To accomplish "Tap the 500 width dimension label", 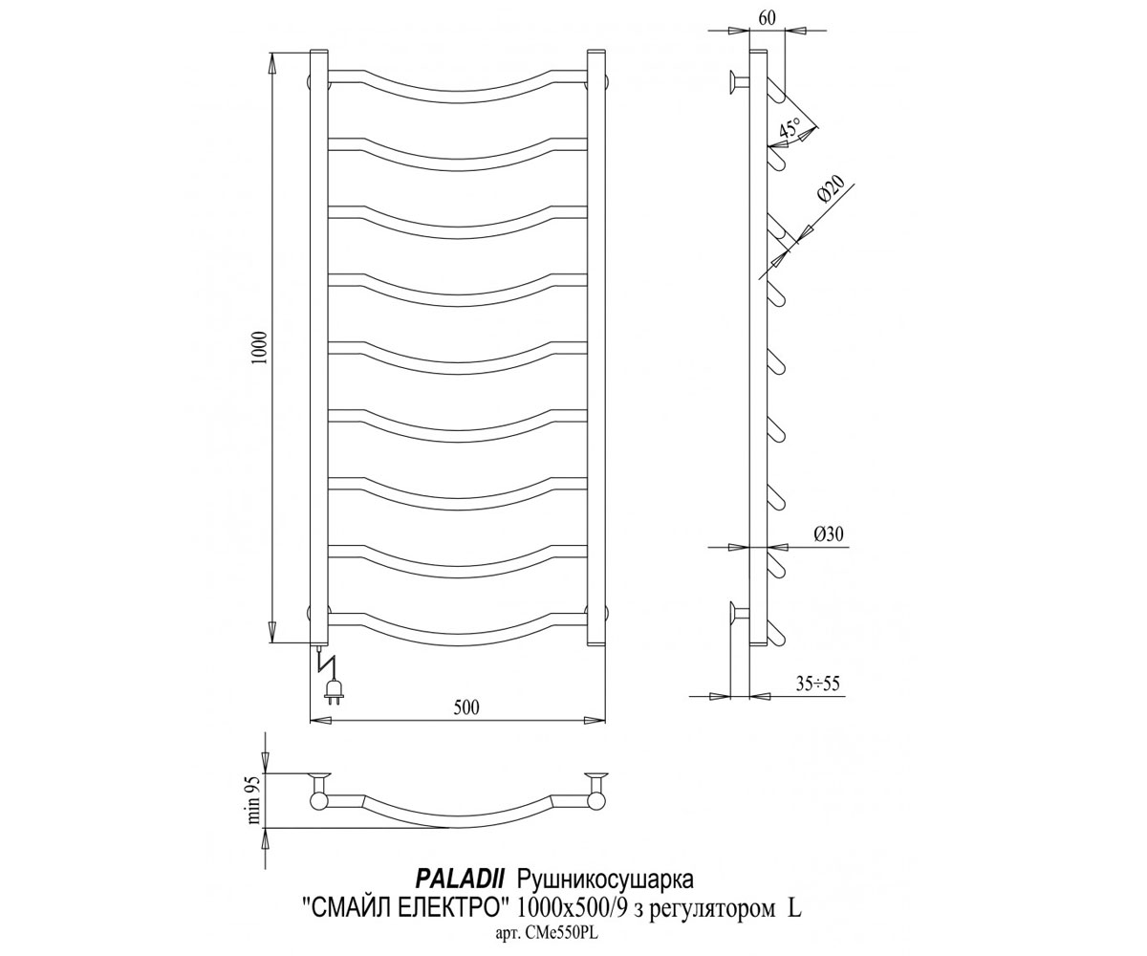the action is click(x=466, y=707).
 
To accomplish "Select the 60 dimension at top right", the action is click(x=768, y=18).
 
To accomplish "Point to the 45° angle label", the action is click(x=789, y=131).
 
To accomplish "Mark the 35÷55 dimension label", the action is click(x=818, y=684).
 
